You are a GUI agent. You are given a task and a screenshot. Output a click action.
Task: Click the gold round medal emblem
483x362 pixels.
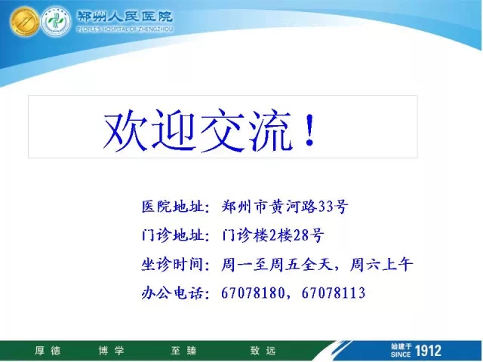[24, 21]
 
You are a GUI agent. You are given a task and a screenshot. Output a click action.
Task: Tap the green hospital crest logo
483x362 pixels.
[55, 22]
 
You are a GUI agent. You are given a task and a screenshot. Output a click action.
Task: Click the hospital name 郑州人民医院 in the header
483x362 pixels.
[125, 17]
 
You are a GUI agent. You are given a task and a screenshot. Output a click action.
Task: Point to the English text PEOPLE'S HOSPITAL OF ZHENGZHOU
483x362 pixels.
[125, 29]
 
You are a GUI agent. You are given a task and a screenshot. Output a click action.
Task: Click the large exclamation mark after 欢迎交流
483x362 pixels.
[309, 130]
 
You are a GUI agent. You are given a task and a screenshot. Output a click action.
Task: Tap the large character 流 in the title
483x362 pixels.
[270, 130]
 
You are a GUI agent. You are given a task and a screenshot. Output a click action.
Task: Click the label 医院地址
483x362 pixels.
[172, 206]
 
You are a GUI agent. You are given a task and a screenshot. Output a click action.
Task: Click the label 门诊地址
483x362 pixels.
[172, 235]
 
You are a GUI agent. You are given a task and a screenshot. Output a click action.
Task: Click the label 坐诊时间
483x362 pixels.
[172, 265]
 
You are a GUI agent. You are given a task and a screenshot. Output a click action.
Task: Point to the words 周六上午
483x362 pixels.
[381, 265]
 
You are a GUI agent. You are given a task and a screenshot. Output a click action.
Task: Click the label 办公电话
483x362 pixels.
[172, 293]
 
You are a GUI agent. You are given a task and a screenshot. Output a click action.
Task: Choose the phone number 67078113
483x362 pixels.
[334, 293]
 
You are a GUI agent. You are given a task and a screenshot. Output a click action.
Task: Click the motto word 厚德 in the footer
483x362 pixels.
[48, 351]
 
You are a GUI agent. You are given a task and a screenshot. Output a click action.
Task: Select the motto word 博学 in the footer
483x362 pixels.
[111, 351]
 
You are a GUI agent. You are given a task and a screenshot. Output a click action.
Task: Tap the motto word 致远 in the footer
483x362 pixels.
[263, 351]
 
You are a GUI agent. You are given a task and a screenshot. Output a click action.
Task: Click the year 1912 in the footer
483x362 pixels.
[428, 351]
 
